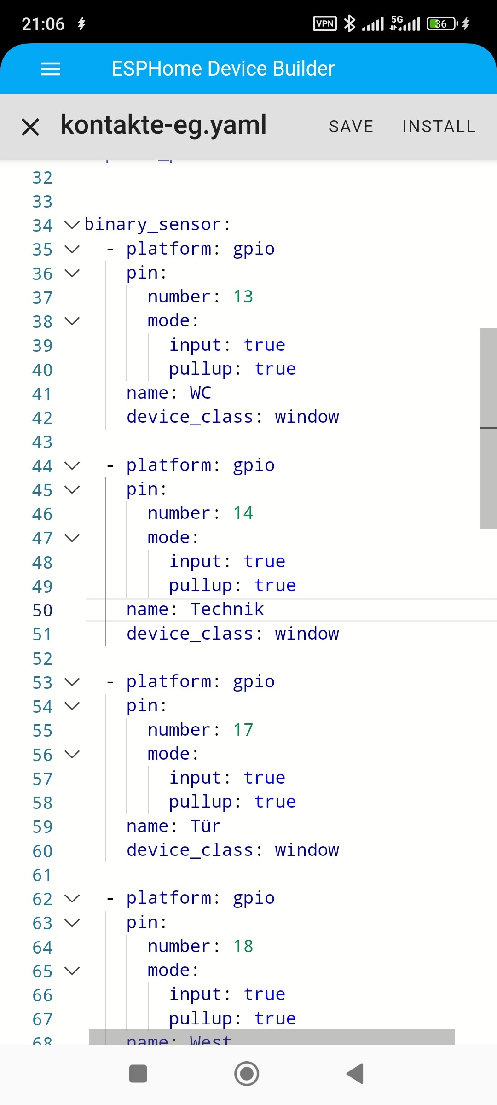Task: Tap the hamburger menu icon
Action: (x=51, y=69)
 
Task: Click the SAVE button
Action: (x=351, y=127)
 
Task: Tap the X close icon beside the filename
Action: (x=30, y=127)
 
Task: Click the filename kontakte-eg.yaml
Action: (x=163, y=125)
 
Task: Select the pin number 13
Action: (x=243, y=297)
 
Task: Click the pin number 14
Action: (x=243, y=513)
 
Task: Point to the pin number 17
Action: (x=243, y=730)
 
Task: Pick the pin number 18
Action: (x=243, y=947)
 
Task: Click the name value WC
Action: (x=201, y=393)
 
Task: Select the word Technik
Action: (x=227, y=610)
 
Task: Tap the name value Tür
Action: (x=206, y=826)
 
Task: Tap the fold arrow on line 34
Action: (x=72, y=225)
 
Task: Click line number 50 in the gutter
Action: (x=42, y=611)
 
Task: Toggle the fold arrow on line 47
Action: (x=72, y=538)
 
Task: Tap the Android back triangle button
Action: (x=355, y=1074)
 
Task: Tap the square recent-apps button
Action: (x=138, y=1074)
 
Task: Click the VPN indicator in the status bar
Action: (x=325, y=23)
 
